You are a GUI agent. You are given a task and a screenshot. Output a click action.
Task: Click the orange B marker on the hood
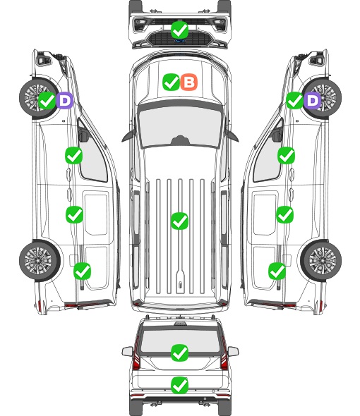189,82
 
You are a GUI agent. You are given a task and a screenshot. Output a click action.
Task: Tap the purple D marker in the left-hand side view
64,101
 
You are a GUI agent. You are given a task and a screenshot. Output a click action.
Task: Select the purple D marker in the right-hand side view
313,101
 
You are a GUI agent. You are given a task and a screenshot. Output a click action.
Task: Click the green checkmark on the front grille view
180,30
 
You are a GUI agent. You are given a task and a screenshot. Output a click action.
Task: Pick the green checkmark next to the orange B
172,82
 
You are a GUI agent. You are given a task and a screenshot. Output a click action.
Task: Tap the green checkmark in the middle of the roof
179,221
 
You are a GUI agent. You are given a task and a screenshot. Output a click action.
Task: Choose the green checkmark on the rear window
180,353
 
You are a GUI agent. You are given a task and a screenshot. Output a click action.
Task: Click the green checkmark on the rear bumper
180,385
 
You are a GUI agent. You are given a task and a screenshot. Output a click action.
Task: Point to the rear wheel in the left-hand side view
40,260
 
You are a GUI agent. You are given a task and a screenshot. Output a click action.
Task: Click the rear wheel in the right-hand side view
321,260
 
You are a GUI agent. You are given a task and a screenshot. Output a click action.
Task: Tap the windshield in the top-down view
180,126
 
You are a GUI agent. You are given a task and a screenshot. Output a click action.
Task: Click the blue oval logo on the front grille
180,41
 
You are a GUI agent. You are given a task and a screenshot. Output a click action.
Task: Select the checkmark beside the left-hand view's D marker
47,101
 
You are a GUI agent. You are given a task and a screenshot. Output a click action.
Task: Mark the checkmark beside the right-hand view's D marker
295,101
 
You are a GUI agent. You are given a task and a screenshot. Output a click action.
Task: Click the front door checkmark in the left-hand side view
74,155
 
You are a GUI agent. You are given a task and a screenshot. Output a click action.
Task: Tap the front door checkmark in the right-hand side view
286,155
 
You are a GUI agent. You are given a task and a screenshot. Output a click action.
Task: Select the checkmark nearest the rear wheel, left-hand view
82,271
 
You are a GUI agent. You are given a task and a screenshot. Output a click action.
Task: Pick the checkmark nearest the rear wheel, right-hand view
277,271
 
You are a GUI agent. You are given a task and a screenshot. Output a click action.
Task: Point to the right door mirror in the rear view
233,351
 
